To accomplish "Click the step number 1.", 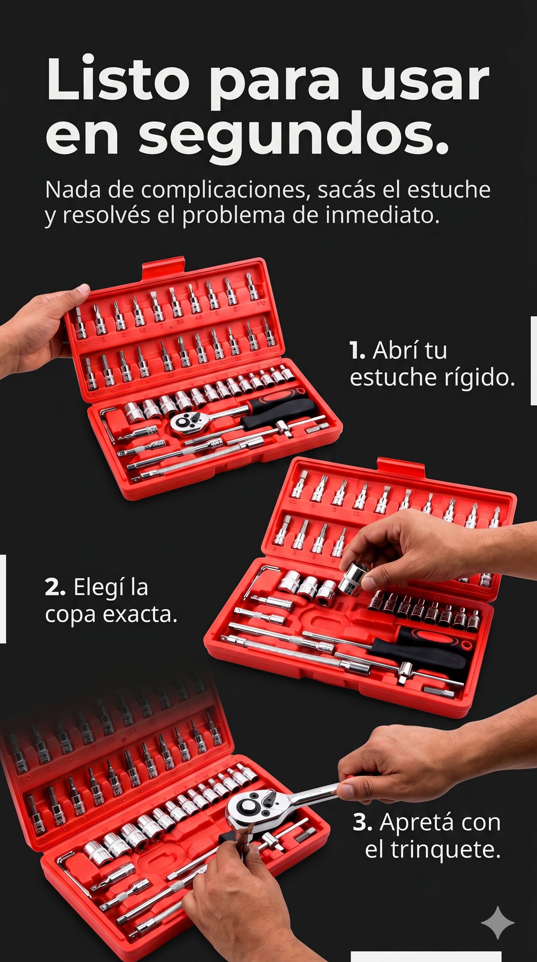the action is click(x=357, y=351).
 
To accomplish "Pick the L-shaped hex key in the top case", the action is click(x=108, y=422).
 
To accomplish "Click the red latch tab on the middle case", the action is click(x=401, y=467).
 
